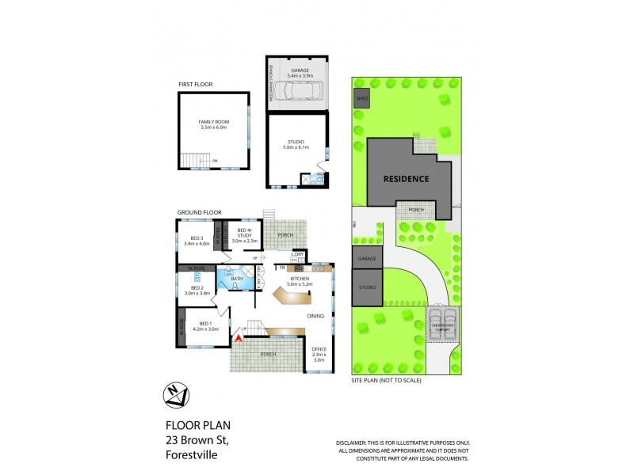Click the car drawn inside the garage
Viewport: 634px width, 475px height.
[x=298, y=93]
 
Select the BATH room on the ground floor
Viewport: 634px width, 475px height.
[x=236, y=279]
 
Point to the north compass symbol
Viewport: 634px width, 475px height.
[x=178, y=393]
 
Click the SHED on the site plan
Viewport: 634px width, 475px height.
[x=362, y=99]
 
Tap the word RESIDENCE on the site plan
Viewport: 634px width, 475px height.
[x=407, y=179]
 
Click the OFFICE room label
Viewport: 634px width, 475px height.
[x=319, y=350]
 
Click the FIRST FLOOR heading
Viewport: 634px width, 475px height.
[x=195, y=84]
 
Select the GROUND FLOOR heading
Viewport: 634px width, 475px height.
[x=198, y=212]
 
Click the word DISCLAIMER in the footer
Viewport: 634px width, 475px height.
[x=351, y=443]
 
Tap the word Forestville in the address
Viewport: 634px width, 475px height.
[x=190, y=455]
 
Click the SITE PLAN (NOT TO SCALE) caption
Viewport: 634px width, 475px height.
[x=386, y=380]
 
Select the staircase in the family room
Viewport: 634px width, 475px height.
[x=191, y=161]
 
